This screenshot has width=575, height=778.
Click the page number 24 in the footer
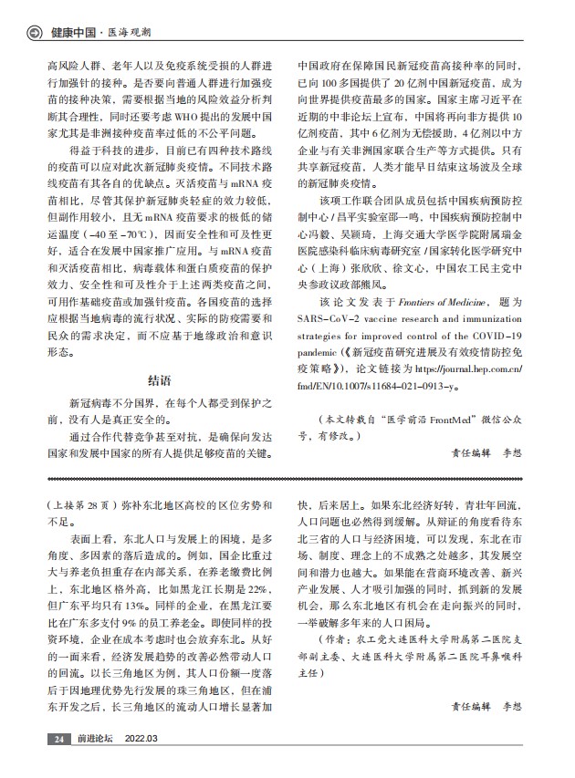tap(58, 739)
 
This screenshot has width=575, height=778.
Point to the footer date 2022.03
tap(141, 739)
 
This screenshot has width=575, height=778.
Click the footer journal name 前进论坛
tap(94, 739)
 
